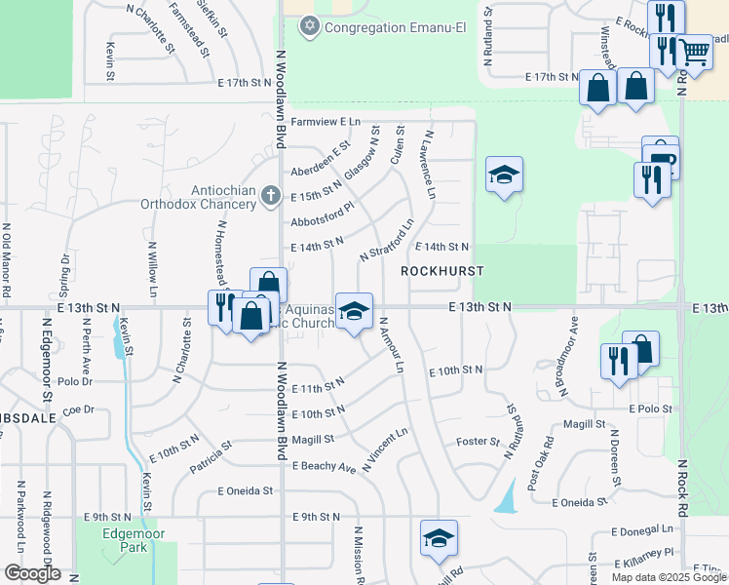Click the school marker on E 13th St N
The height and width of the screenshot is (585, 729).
(355, 311)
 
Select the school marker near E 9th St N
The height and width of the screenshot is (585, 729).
(439, 537)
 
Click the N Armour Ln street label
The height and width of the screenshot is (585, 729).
(392, 345)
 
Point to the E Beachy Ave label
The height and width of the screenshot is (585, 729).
(325, 467)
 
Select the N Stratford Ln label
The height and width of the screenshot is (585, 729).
(387, 240)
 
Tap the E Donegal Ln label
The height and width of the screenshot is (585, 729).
(642, 530)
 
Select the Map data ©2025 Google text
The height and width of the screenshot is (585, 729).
(669, 577)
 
